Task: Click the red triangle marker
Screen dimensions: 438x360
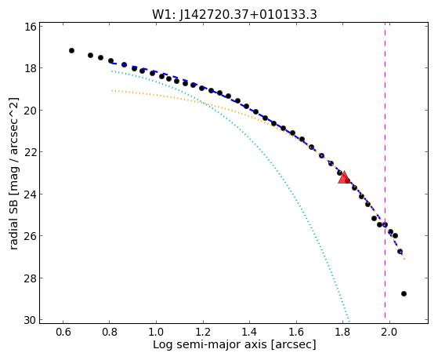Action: pos(344,177)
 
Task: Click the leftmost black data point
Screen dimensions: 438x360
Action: pos(71,51)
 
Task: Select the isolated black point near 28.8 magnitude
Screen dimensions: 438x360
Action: pos(404,293)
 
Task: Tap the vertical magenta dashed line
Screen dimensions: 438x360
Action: pos(385,173)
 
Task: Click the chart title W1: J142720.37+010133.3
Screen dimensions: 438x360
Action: pos(234,15)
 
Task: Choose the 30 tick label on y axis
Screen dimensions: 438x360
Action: pos(30,320)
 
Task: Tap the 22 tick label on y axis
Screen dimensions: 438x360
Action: pos(30,152)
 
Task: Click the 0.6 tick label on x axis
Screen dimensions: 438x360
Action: pos(63,332)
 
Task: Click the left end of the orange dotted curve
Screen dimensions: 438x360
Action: pos(112,90)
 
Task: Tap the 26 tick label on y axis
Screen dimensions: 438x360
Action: pos(30,236)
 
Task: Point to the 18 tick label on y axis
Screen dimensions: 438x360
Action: pos(30,68)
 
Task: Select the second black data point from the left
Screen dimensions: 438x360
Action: pos(90,55)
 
